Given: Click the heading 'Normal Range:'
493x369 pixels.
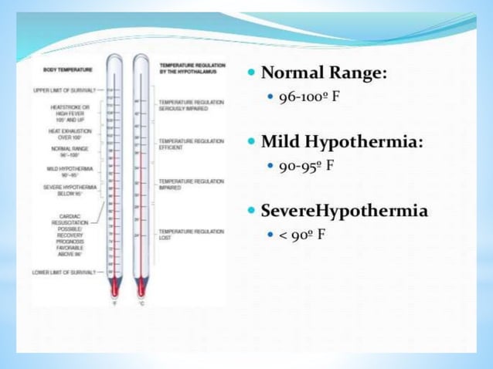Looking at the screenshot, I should tap(324, 74).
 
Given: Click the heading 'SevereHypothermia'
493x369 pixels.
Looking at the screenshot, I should tap(344, 211).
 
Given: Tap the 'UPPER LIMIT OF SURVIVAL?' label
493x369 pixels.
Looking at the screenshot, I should tap(64, 90).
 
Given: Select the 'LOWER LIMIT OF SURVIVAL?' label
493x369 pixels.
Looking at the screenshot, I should tap(64, 273).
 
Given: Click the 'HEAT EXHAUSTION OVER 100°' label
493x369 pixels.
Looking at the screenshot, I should tap(70, 134).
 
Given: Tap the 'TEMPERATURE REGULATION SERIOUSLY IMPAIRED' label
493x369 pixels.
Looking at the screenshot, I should tap(191, 106).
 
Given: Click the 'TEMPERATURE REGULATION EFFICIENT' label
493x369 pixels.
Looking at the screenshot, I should tap(191, 145).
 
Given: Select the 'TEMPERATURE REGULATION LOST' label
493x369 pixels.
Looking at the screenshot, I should tap(191, 234).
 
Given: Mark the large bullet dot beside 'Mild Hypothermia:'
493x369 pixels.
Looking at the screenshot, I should tap(252, 143).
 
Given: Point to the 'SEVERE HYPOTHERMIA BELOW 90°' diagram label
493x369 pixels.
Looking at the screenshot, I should tap(69, 190).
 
